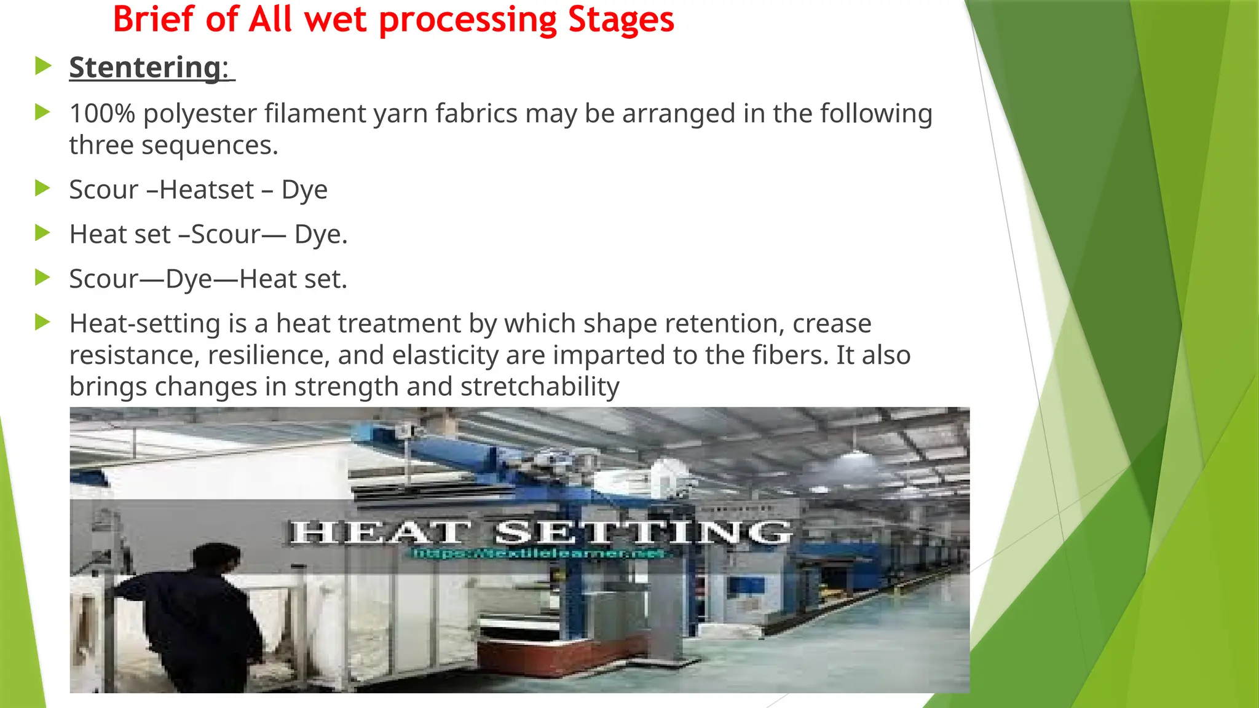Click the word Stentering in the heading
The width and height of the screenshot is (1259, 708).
tap(144, 67)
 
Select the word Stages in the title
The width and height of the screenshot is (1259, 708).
tap(621, 20)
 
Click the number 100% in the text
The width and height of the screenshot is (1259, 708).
tap(102, 114)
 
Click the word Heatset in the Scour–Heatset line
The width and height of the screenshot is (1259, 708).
tap(207, 189)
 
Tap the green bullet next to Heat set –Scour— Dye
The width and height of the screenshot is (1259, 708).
tap(42, 233)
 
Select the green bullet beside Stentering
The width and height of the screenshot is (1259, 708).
tap(42, 65)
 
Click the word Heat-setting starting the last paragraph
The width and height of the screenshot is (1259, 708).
tap(144, 324)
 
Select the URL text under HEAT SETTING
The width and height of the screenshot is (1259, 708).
tap(539, 554)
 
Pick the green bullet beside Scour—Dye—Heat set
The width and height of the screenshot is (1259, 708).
tap(42, 277)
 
